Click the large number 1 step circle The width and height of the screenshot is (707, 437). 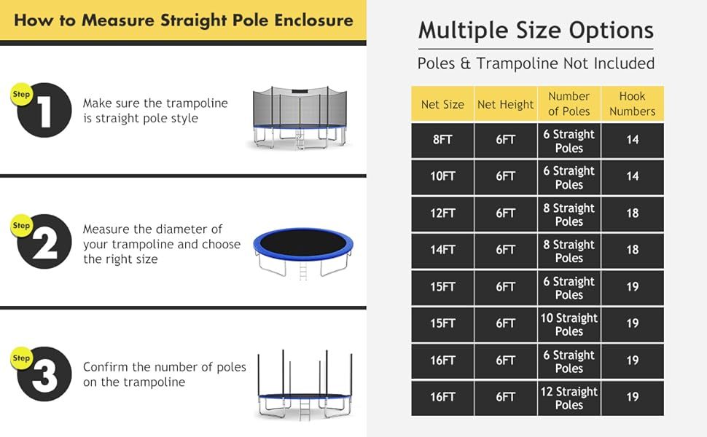pyautogui.click(x=44, y=111)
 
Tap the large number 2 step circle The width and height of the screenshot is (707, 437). pyautogui.click(x=44, y=243)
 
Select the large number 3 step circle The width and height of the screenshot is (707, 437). pyautogui.click(x=44, y=374)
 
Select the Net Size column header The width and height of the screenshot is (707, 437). pyautogui.click(x=442, y=104)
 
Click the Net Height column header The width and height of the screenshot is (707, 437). pyautogui.click(x=505, y=104)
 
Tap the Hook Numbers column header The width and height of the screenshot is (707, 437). pyautogui.click(x=632, y=103)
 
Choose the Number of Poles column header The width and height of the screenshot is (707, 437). pyautogui.click(x=569, y=103)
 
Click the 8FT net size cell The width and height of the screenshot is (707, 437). pyautogui.click(x=442, y=140)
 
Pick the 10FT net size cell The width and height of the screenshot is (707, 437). pyautogui.click(x=442, y=176)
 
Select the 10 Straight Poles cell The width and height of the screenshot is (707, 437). pyautogui.click(x=569, y=324)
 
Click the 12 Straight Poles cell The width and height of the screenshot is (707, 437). pyautogui.click(x=569, y=398)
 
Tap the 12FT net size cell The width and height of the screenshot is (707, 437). pyautogui.click(x=442, y=213)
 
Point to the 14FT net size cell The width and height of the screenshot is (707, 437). pyautogui.click(x=442, y=250)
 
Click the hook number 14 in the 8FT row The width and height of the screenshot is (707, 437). pyautogui.click(x=632, y=140)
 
